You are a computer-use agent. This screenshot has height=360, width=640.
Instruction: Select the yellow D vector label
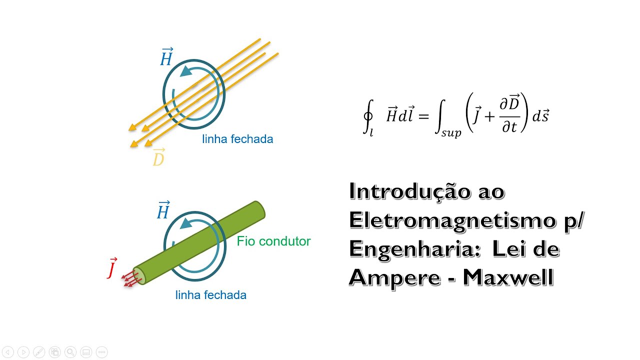point(158,158)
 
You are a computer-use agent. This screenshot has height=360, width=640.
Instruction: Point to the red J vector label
point(112,268)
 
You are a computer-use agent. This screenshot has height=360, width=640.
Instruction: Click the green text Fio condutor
point(273,241)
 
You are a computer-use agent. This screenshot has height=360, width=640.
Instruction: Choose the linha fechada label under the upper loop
point(237,139)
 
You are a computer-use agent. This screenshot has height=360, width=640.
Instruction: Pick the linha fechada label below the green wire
point(210,295)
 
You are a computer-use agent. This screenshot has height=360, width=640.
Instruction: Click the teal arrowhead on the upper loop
point(186,71)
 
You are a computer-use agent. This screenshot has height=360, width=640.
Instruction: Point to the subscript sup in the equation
point(451,133)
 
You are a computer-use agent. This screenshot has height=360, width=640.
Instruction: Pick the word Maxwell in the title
point(508,277)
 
